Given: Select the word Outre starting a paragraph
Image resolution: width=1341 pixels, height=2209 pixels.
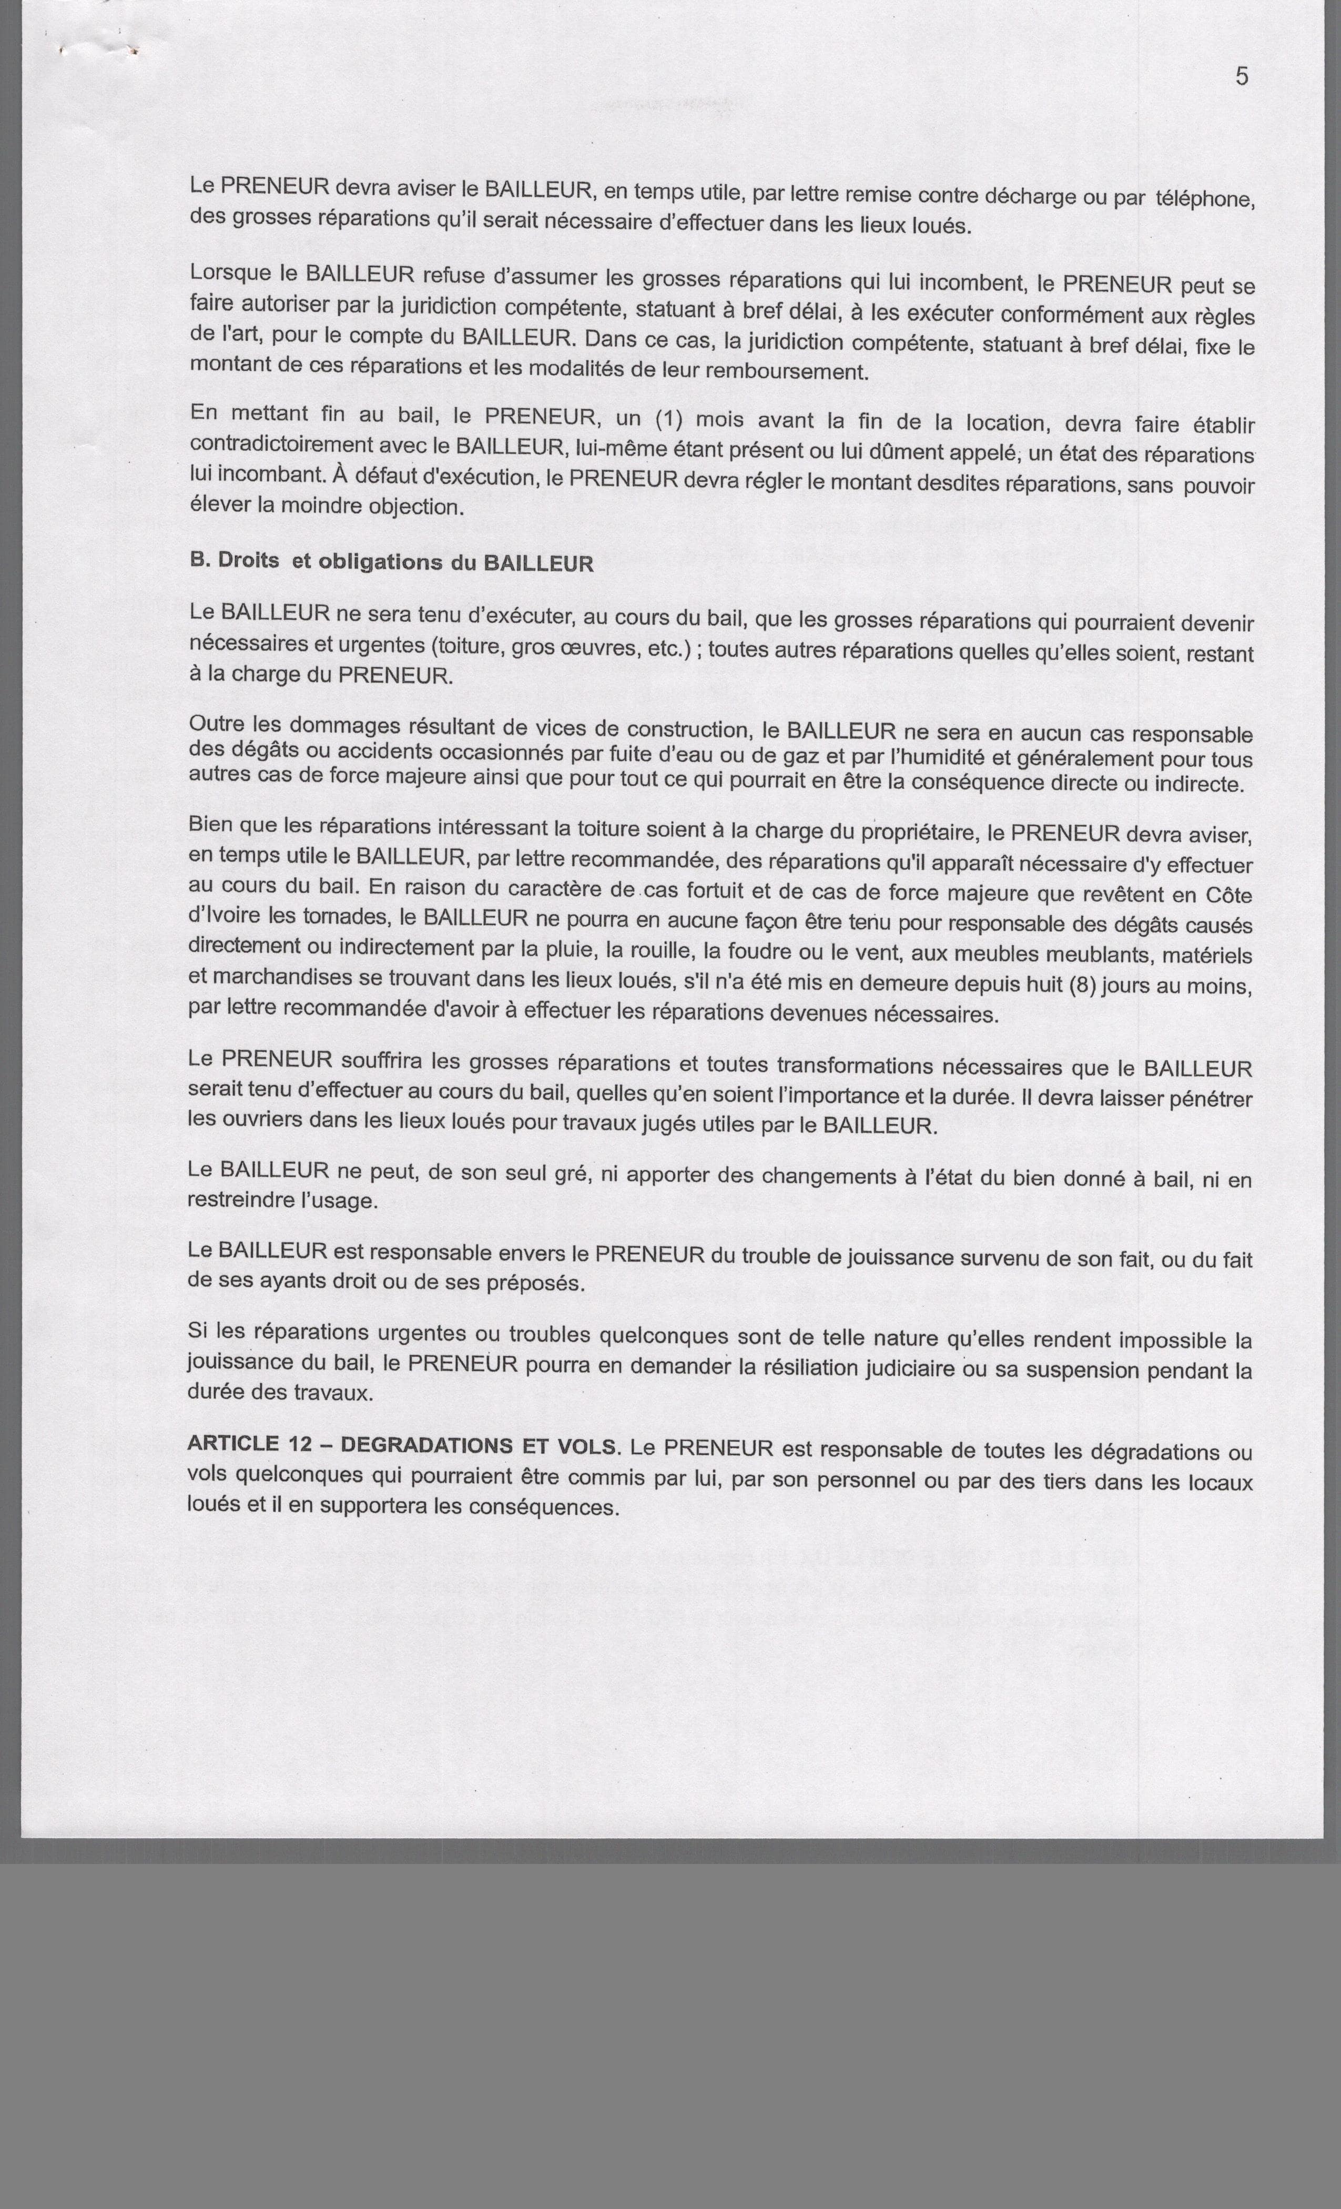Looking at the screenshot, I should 217,724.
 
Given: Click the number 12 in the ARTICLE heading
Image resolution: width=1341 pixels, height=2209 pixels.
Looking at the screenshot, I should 298,1443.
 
